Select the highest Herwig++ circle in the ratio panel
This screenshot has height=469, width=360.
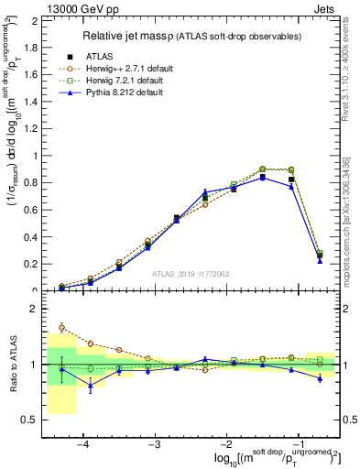click(61, 327)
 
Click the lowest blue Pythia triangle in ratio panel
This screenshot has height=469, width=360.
click(90, 387)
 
